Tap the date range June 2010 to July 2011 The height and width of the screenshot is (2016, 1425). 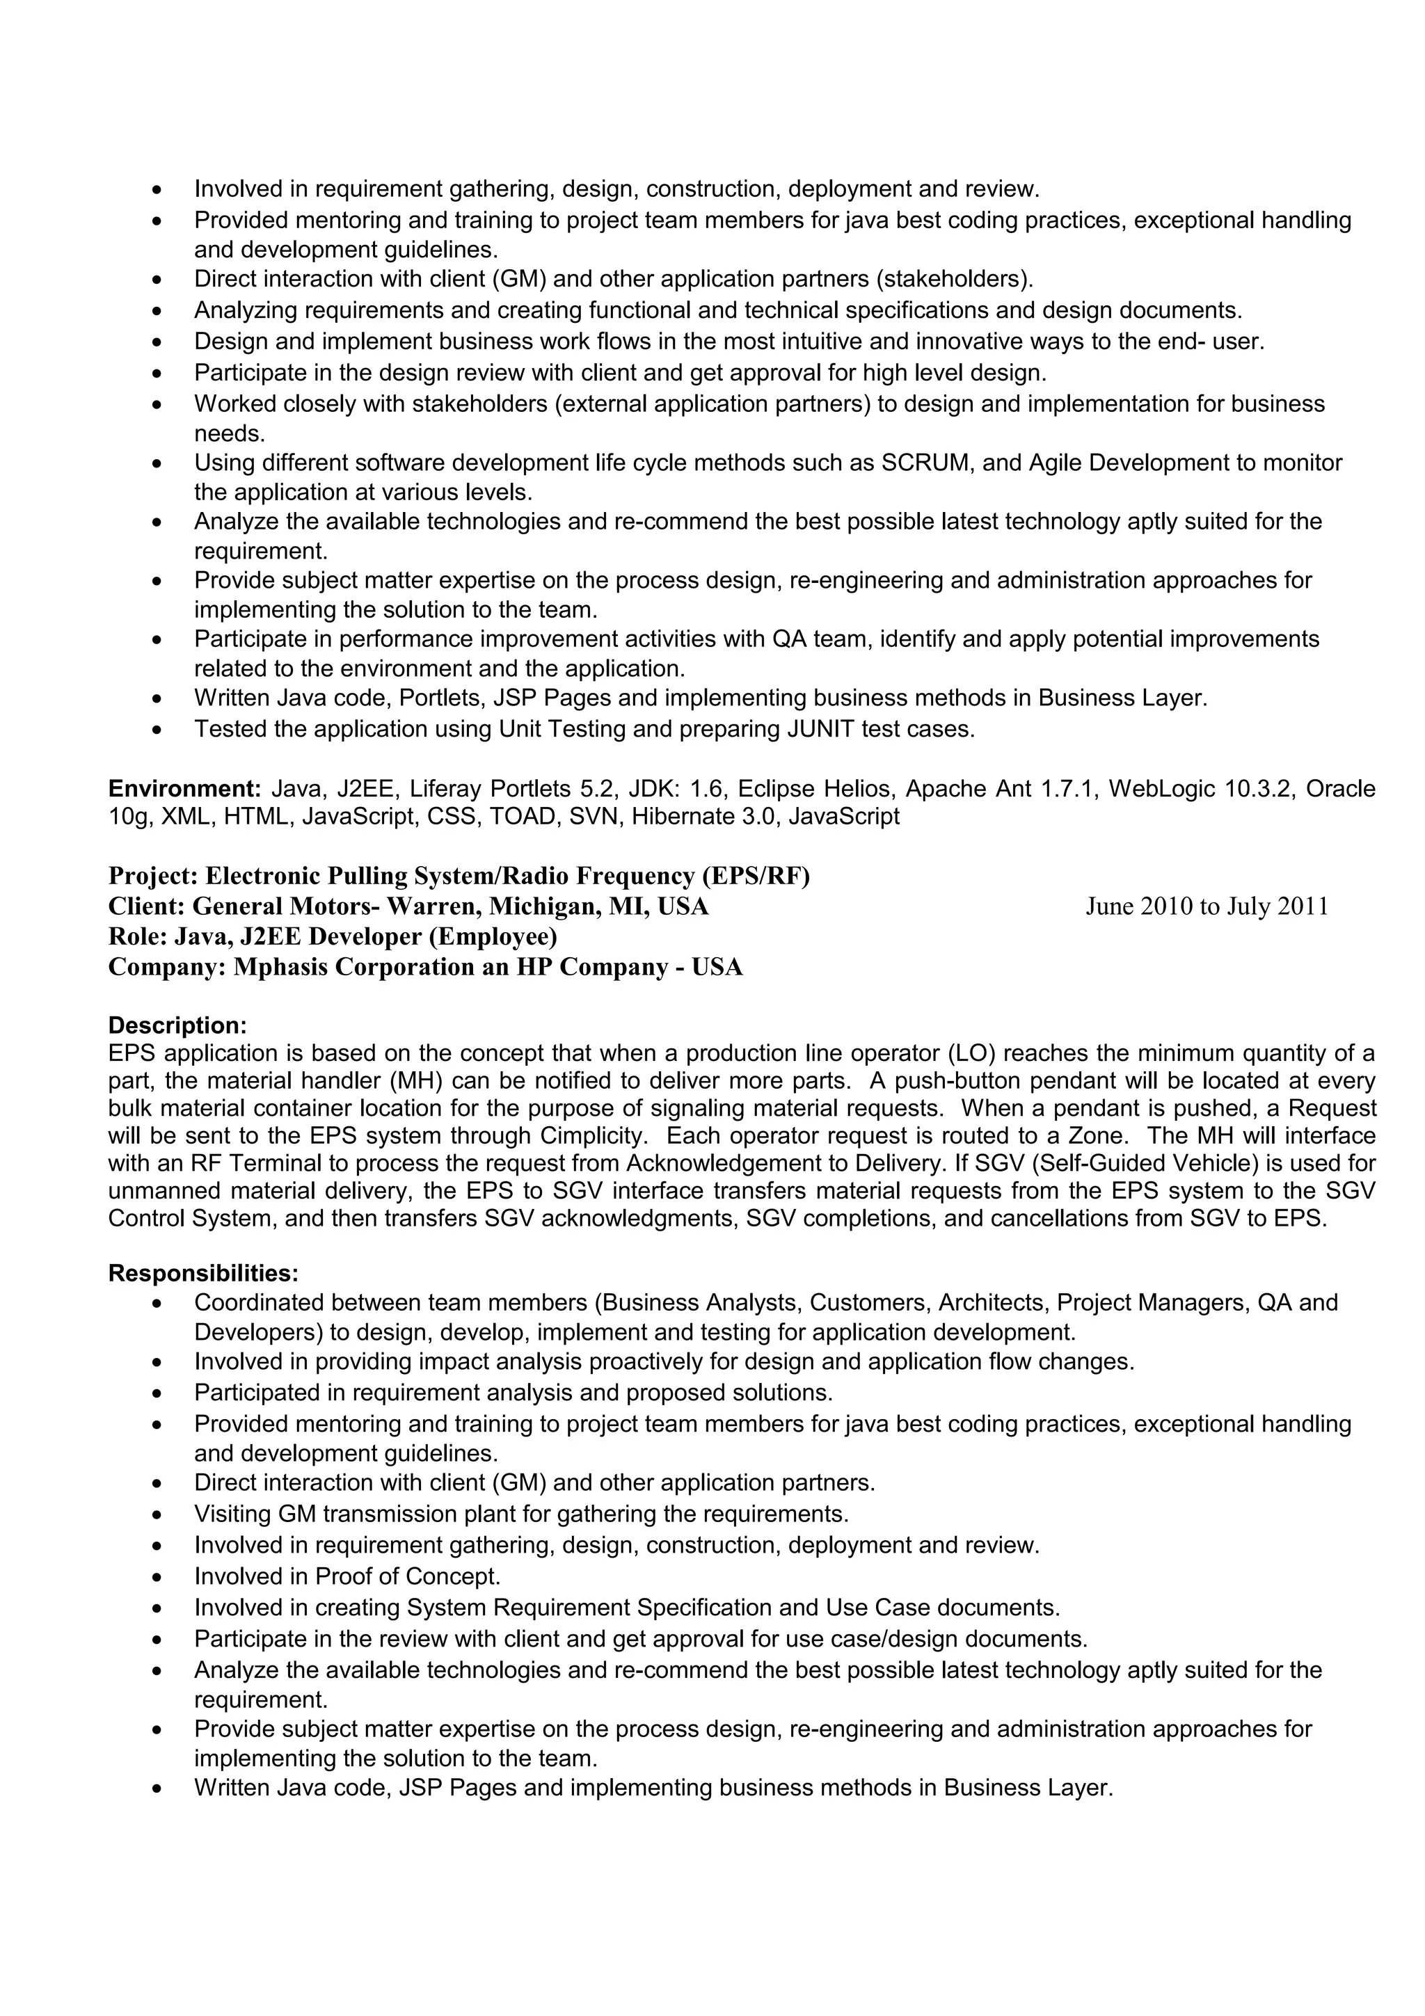[x=1207, y=907]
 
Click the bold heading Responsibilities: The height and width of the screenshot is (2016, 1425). [x=202, y=1273]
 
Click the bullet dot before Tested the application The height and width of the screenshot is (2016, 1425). [x=157, y=730]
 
